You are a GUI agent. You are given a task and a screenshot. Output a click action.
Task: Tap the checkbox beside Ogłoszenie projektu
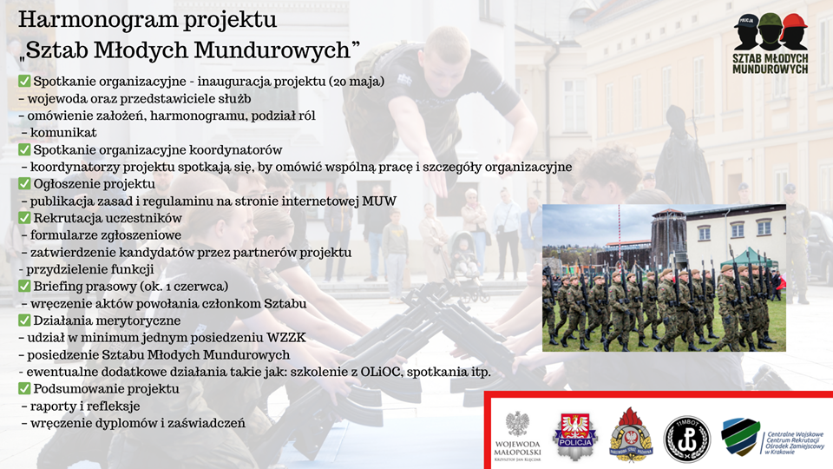pyautogui.click(x=24, y=183)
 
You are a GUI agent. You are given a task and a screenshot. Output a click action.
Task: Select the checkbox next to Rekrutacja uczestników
pyautogui.click(x=24, y=217)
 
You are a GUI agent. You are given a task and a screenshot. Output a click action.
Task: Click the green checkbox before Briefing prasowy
pyautogui.click(x=24, y=286)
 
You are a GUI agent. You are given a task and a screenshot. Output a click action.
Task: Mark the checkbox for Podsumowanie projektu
pyautogui.click(x=24, y=389)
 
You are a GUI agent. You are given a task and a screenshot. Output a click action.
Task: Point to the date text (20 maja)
pyautogui.click(x=357, y=82)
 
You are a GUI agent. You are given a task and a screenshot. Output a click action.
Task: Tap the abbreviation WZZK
pyautogui.click(x=286, y=338)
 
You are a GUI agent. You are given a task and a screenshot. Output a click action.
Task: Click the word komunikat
pyautogui.click(x=63, y=132)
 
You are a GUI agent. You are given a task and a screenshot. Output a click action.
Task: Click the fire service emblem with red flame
pyautogui.click(x=631, y=435)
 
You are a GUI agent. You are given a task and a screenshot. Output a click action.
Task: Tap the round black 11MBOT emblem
pyautogui.click(x=687, y=439)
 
